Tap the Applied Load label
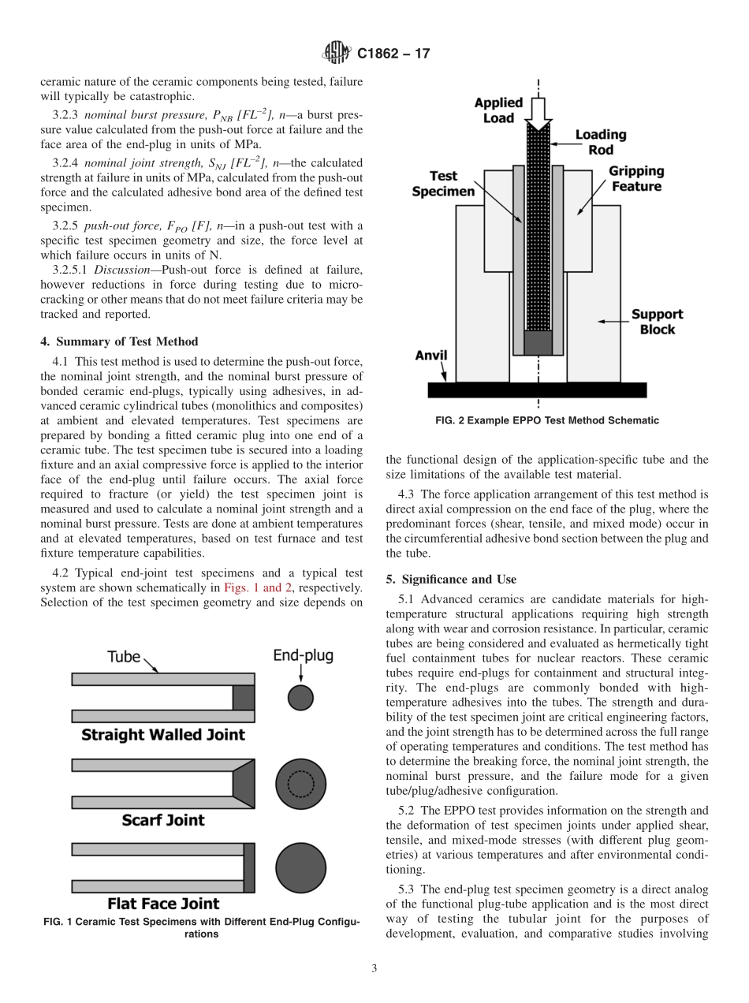(x=498, y=110)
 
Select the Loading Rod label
(x=600, y=142)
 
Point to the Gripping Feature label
(x=635, y=179)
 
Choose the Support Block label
(x=658, y=322)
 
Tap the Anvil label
(x=431, y=355)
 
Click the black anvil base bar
(x=537, y=390)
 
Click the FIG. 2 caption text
(x=547, y=420)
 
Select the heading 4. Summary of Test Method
(x=119, y=341)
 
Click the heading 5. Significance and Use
(x=451, y=579)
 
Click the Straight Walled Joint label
(x=163, y=735)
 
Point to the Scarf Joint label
(x=163, y=820)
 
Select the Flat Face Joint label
(x=163, y=904)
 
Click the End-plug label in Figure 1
(x=304, y=655)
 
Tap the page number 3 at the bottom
(x=374, y=968)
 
